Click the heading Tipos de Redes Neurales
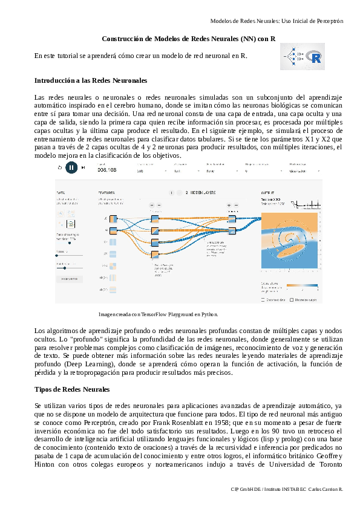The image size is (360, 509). coord(72,389)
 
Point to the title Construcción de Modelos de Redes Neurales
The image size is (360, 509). coord(189,39)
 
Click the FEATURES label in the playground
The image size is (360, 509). coord(106,193)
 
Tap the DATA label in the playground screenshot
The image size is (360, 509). coord(61,193)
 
